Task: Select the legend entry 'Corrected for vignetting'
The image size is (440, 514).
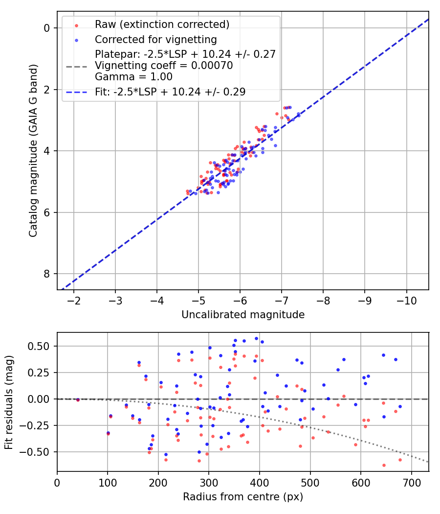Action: coord(155,39)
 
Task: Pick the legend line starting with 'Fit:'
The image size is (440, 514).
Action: coord(170,92)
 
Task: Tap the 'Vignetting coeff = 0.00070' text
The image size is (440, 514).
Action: coord(164,65)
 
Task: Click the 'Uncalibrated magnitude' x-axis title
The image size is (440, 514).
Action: coord(243,315)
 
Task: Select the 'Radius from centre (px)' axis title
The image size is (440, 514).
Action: coord(243,497)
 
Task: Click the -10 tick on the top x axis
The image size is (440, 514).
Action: coord(406,300)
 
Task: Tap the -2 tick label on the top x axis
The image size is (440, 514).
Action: coord(74,300)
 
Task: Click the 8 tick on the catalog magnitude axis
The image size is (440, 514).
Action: coord(47,273)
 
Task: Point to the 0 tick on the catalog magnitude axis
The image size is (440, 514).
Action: coord(47,28)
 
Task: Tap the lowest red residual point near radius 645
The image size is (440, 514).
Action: coord(384,465)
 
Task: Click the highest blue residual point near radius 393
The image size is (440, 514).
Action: coord(256,338)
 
